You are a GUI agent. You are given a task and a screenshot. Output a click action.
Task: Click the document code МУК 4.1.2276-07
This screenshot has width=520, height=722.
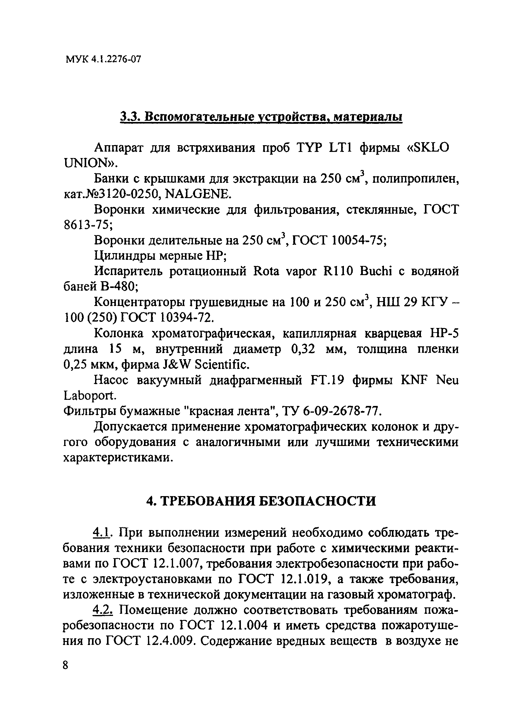(103, 59)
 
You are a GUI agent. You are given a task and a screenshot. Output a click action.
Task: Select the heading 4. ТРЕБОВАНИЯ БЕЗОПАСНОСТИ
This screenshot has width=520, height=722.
(261, 501)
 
